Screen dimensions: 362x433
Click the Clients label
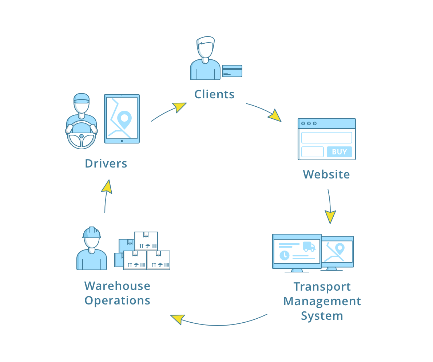[214, 94]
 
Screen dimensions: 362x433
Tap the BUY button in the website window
[339, 152]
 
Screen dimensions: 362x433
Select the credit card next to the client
[232, 71]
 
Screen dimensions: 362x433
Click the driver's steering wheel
[82, 136]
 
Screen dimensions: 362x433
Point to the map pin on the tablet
[124, 119]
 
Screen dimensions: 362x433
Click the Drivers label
[106, 164]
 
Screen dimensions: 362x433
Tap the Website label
[326, 174]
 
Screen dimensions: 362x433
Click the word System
[322, 316]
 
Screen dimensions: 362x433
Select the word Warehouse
[117, 286]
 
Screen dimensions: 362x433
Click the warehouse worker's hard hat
[92, 233]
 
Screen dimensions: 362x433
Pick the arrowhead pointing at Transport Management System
[330, 217]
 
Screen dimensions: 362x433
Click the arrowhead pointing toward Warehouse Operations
[177, 319]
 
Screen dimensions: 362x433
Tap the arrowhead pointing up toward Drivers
[107, 186]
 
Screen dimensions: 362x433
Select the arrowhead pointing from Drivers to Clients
[179, 107]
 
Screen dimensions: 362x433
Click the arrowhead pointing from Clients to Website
[275, 115]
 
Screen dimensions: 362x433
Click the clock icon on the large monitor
[284, 255]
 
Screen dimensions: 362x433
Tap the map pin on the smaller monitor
[339, 249]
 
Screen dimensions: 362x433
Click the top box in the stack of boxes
[146, 241]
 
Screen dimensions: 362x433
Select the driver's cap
[82, 98]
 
